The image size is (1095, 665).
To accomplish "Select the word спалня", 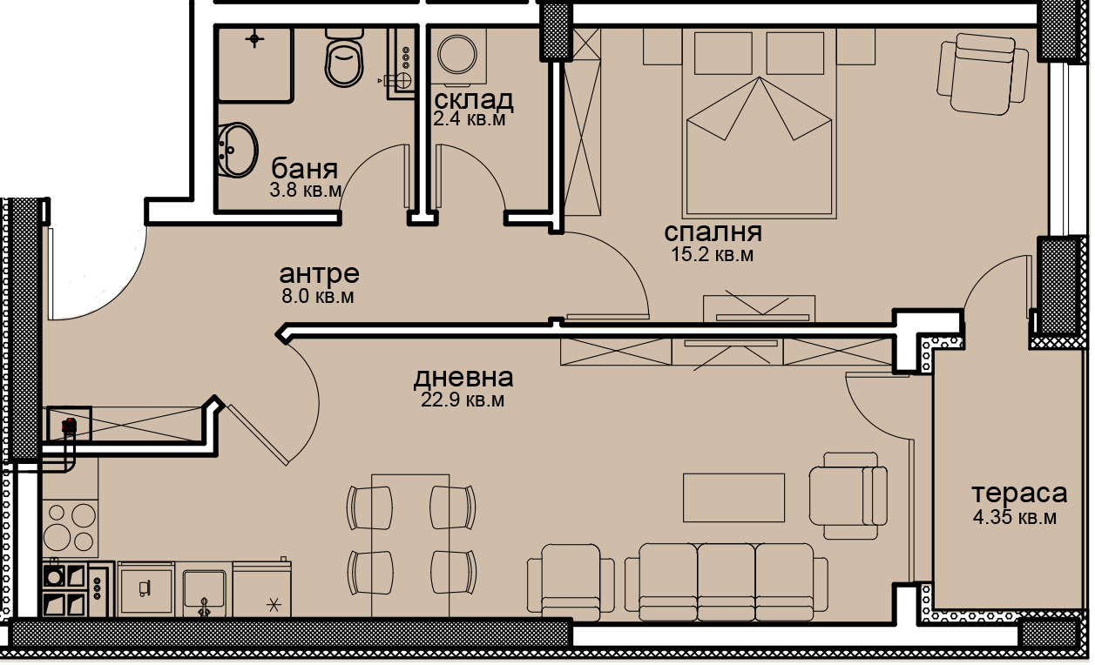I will pos(713,232).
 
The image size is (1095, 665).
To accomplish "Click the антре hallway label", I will pos(319,273).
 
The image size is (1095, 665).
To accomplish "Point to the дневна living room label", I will pos(463,378).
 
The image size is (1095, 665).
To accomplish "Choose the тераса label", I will pos(1018,494).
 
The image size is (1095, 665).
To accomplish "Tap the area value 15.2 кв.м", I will pos(712,255).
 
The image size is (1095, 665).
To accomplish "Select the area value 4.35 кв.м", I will pos(1015,518).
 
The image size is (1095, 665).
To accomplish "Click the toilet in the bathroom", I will pos(344,57).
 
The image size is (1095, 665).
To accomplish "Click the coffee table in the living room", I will pos(733,497).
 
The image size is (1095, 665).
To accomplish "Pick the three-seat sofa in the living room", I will pos(727,579).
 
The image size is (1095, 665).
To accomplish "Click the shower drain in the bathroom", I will pos(254,38).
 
